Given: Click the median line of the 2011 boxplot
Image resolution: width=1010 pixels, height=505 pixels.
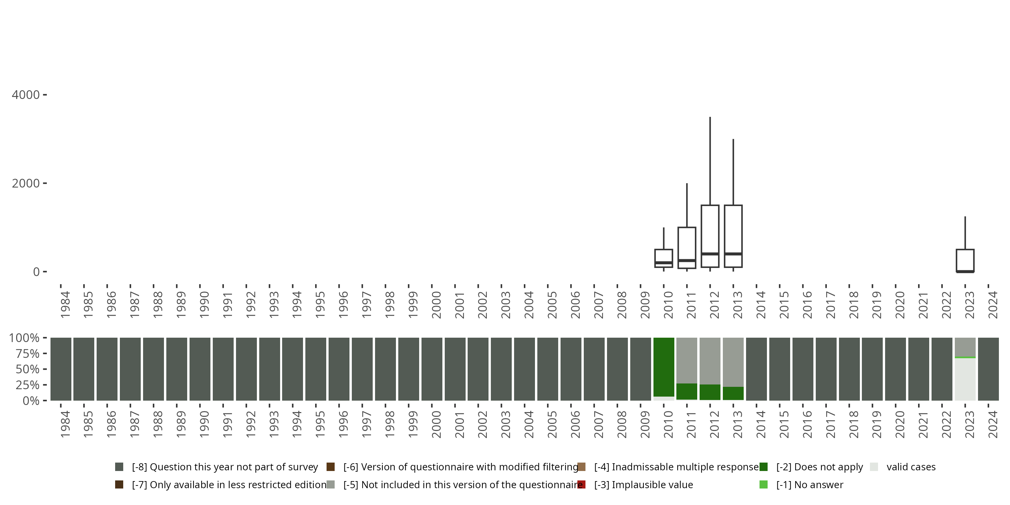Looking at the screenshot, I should coord(686,260).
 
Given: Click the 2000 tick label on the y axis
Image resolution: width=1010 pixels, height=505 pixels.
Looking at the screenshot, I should coord(26,183).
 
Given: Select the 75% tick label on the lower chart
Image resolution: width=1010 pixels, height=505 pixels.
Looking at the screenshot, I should coord(28,353).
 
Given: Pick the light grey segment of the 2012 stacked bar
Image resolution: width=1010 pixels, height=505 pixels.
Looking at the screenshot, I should coord(710,361).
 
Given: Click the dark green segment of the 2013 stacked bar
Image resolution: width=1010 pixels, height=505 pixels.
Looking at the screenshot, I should coord(733,393).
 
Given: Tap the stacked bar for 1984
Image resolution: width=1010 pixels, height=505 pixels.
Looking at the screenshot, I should coord(61,369).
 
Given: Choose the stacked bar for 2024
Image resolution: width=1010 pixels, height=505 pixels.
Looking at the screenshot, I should coord(988,369).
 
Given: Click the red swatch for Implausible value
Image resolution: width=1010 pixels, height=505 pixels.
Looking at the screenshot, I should coord(581,484).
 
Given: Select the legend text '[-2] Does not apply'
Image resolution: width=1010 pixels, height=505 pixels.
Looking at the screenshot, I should coord(819,467).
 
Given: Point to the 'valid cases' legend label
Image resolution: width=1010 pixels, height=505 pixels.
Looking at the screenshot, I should coord(911,467).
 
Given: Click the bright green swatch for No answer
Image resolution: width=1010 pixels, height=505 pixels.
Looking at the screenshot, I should coord(763,484).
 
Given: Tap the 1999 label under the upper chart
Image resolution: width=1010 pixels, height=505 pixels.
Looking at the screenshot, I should coord(412,305).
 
